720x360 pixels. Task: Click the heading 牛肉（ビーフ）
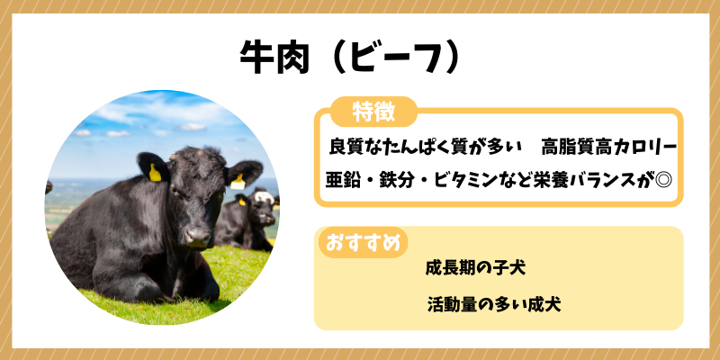click(350, 57)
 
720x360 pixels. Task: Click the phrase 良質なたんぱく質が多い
click(426, 147)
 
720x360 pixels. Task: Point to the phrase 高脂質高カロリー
click(609, 147)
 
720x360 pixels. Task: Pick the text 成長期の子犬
click(475, 268)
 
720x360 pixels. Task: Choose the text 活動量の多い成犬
click(493, 304)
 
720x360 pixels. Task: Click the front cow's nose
click(198, 236)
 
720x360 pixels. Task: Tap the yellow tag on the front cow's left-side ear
click(155, 173)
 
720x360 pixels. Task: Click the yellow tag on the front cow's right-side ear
click(238, 182)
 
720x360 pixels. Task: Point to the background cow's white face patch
click(264, 197)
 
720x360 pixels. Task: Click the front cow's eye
click(176, 190)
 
